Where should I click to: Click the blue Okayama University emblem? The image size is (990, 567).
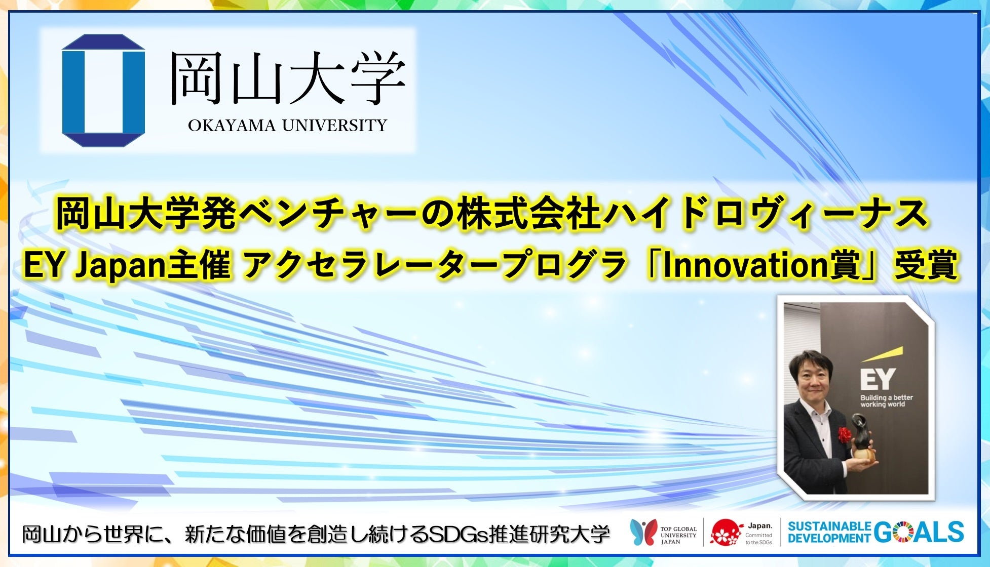pyautogui.click(x=103, y=91)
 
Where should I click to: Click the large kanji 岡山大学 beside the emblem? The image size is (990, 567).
pyautogui.click(x=287, y=78)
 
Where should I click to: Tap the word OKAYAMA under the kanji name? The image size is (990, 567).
pyautogui.click(x=232, y=126)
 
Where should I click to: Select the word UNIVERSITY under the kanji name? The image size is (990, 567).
pyautogui.click(x=334, y=126)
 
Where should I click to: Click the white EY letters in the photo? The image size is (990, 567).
pyautogui.click(x=878, y=379)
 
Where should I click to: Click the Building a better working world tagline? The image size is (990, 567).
pyautogui.click(x=886, y=401)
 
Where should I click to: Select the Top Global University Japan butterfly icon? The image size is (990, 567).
pyautogui.click(x=643, y=533)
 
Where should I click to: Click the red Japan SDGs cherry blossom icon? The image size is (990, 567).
pyautogui.click(x=726, y=533)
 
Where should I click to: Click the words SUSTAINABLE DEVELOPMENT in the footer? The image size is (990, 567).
pyautogui.click(x=829, y=533)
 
